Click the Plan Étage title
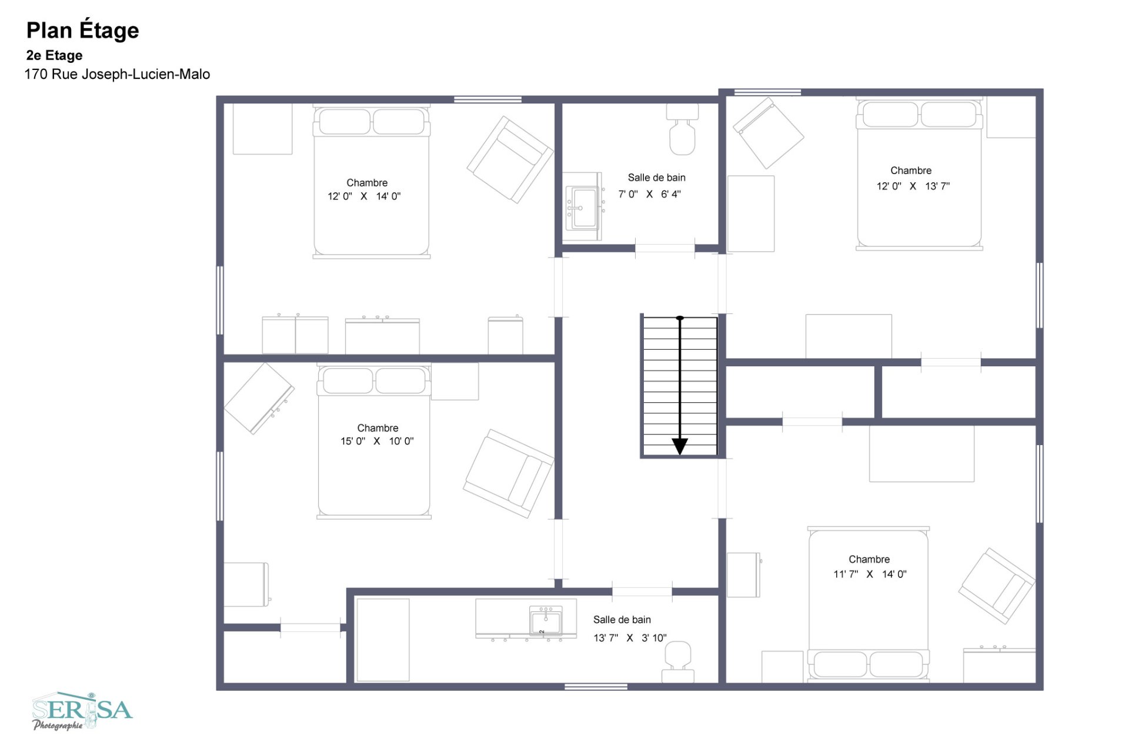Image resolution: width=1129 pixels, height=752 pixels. [x=83, y=31]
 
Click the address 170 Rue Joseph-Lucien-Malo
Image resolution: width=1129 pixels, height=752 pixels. [x=117, y=74]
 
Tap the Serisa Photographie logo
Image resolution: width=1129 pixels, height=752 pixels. [x=82, y=711]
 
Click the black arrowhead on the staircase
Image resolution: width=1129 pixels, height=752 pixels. [x=680, y=446]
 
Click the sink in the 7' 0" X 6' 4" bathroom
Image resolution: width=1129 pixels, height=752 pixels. [x=583, y=207]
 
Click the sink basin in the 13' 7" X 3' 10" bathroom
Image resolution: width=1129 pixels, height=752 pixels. [x=546, y=621]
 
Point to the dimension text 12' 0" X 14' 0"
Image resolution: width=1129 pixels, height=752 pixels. [x=364, y=196]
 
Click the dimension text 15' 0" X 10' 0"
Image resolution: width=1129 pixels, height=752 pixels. [x=377, y=441]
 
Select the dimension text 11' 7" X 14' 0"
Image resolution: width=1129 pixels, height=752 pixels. [x=870, y=574]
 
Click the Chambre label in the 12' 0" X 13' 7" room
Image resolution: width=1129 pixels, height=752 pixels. [x=911, y=171]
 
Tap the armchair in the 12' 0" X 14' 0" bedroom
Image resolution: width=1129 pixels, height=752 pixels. [x=510, y=159]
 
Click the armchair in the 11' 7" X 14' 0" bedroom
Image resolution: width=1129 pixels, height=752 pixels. [x=997, y=586]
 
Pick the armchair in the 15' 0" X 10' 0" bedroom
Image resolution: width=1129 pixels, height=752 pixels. [x=509, y=473]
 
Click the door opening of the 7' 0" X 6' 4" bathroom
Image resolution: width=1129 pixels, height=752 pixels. [x=664, y=248]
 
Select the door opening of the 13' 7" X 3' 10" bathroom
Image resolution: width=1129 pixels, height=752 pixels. [x=642, y=591]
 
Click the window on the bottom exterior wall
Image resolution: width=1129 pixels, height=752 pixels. [x=596, y=686]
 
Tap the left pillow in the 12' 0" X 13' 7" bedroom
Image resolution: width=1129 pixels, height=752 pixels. [x=886, y=115]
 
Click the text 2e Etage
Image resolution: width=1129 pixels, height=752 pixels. [x=54, y=55]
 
